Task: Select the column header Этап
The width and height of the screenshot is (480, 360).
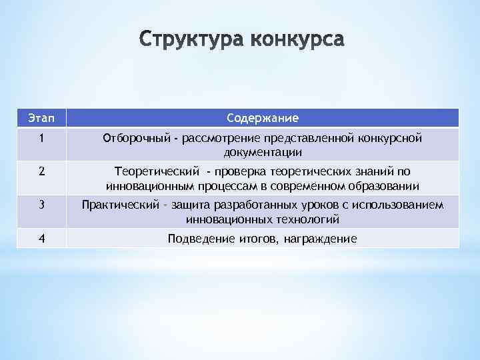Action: pyautogui.click(x=41, y=118)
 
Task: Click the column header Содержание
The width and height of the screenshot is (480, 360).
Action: pyautogui.click(x=262, y=118)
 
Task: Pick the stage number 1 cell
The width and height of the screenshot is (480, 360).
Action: pyautogui.click(x=41, y=138)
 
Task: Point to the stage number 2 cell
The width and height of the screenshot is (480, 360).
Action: pyautogui.click(x=41, y=171)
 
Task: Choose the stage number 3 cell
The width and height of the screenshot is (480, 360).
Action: pyautogui.click(x=41, y=205)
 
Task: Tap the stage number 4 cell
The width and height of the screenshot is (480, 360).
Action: pyautogui.click(x=41, y=237)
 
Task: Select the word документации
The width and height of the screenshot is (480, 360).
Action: pyautogui.click(x=263, y=153)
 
